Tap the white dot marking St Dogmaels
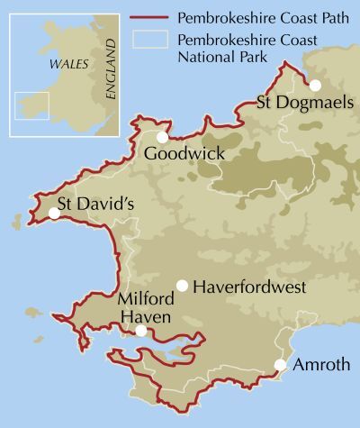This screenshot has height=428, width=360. [x=316, y=85]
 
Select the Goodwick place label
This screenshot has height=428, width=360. [x=184, y=154]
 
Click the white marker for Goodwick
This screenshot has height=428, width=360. [x=162, y=137]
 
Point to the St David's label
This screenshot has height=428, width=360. [x=94, y=204]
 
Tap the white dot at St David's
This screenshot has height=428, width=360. [x=54, y=214]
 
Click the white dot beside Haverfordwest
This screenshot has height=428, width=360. [x=182, y=286]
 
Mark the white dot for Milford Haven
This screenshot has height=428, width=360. [x=141, y=332]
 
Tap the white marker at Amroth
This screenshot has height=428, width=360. [x=280, y=365]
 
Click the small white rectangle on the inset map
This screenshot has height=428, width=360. [x=31, y=105]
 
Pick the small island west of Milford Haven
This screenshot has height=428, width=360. [x=33, y=314]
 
